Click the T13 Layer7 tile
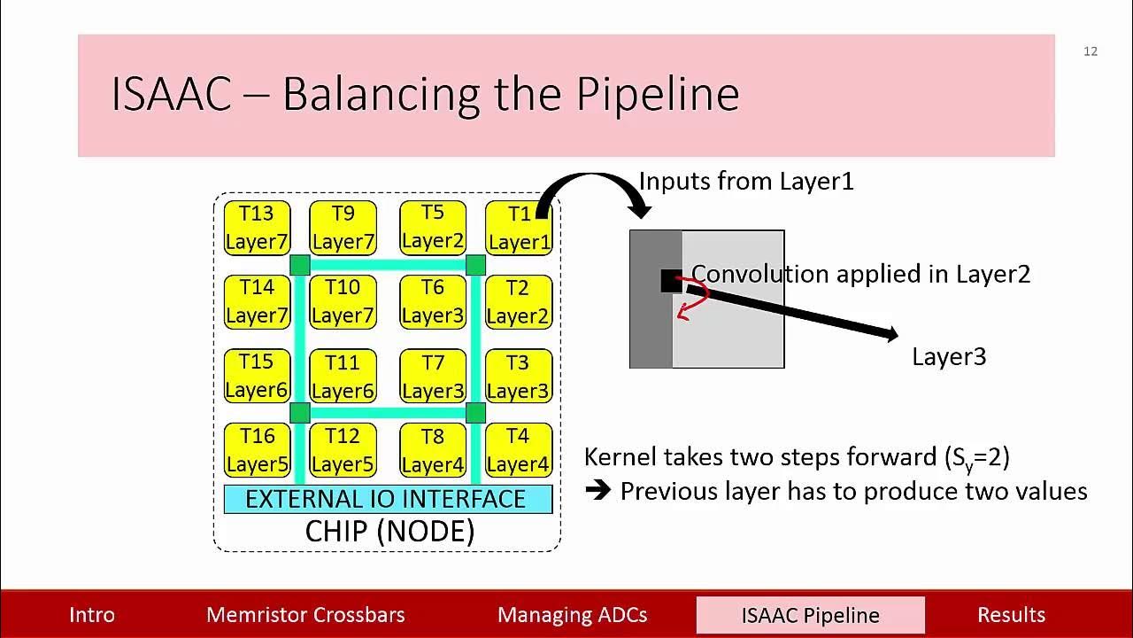coord(257,228)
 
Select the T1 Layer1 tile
coord(519,228)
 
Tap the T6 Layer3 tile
coord(432,301)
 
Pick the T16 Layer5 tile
coord(257,450)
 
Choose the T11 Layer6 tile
coord(343,376)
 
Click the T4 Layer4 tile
coord(519,450)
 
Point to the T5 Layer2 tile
coord(432,227)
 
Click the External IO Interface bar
coord(388,499)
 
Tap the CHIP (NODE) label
coord(389,531)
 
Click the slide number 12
coord(1091,51)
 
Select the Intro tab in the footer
coord(92,615)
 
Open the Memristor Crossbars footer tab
coord(305,615)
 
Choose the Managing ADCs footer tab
coord(572,615)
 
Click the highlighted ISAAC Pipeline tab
coord(810,615)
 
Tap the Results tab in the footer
coord(1011,615)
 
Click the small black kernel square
coord(671,281)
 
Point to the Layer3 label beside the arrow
coord(949,356)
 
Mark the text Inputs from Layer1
coord(745,182)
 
